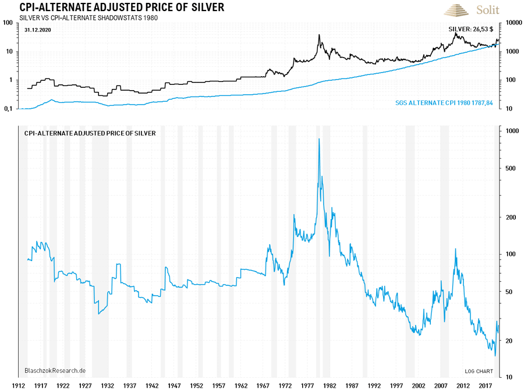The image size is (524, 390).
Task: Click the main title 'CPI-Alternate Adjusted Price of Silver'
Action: pyautogui.click(x=122, y=8)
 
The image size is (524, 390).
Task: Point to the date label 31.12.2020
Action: pyautogui.click(x=38, y=29)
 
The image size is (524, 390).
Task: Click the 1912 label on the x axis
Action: pyautogui.click(x=18, y=385)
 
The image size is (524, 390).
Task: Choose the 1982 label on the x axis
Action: pyautogui.click(x=330, y=385)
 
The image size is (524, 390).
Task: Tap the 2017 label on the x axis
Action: pyautogui.click(x=485, y=385)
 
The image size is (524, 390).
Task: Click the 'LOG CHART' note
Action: pyautogui.click(x=479, y=371)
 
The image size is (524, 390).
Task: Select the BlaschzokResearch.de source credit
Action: pyautogui.click(x=55, y=370)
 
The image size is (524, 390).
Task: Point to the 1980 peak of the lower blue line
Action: pyautogui.click(x=319, y=139)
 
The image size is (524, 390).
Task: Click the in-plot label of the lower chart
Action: pyautogui.click(x=90, y=133)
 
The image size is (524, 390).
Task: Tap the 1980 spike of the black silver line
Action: pyautogui.click(x=319, y=35)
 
